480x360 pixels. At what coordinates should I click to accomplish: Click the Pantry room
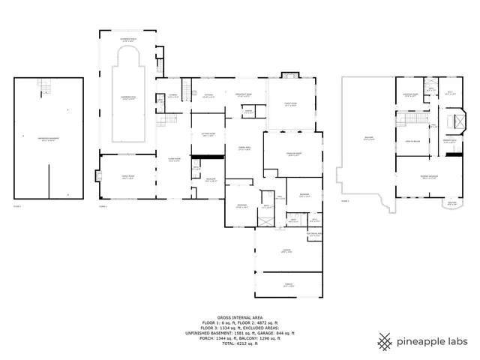tap(247, 112)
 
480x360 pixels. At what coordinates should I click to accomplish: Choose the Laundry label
tap(173, 96)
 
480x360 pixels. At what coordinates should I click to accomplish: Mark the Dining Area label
tap(242, 148)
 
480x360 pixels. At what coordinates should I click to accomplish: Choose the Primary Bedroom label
tap(427, 177)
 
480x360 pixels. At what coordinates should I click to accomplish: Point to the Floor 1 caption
tap(18, 205)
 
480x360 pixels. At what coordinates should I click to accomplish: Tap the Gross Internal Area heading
tap(239, 318)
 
